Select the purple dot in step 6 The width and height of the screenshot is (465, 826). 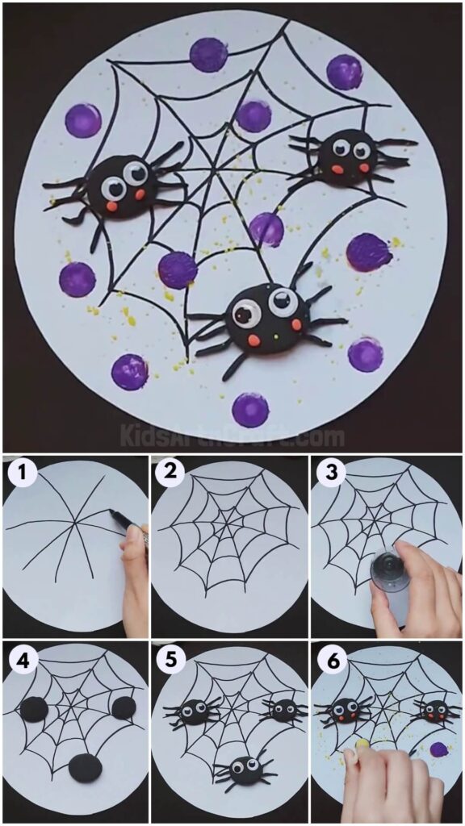pyautogui.click(x=439, y=749)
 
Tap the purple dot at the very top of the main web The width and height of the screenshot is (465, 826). pyautogui.click(x=208, y=55)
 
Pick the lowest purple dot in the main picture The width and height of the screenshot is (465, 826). pyautogui.click(x=250, y=409)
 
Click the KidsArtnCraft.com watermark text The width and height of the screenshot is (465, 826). pyautogui.click(x=232, y=436)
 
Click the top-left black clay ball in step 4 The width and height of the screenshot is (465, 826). pyautogui.click(x=35, y=710)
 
